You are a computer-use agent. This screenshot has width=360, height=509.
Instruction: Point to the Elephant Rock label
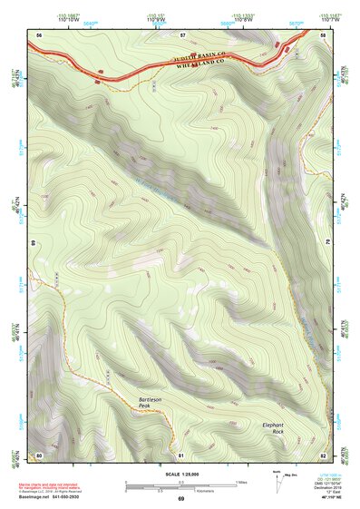[x=273, y=427]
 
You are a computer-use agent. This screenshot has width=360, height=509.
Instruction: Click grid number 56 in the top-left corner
[x=39, y=34]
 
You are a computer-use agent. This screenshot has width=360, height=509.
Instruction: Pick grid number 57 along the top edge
[x=182, y=34]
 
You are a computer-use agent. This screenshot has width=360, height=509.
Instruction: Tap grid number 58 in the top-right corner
[x=323, y=34]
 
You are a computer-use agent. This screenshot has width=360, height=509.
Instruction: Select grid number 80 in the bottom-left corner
[x=39, y=454]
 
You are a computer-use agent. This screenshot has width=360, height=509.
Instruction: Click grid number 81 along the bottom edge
[x=180, y=454]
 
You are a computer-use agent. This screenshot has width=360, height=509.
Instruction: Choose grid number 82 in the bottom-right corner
[x=323, y=454]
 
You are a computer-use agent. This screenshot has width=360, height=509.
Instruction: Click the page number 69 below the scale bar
[x=180, y=498]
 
